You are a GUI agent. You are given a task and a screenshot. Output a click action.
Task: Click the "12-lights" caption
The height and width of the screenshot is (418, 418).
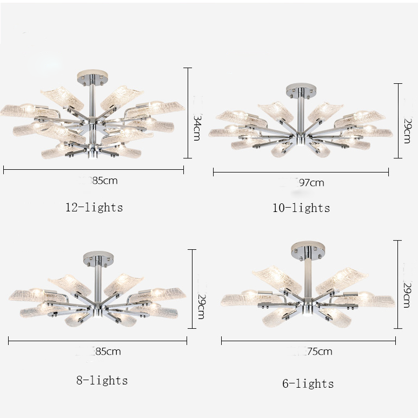pos(94,208)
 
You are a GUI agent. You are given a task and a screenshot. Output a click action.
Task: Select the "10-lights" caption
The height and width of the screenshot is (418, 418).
pos(301,208)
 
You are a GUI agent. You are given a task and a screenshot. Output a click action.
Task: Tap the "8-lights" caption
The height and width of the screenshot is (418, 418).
pos(102,380)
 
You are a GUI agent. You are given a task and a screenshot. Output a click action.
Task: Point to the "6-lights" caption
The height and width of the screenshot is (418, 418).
pos(308,383)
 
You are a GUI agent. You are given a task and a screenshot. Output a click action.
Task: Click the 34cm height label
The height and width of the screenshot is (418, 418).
pos(197,128)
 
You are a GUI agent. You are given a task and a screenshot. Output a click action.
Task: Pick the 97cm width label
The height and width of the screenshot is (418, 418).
pos(311,183)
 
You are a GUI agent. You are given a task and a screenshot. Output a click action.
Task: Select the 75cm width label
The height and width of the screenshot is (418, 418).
pos(320,351)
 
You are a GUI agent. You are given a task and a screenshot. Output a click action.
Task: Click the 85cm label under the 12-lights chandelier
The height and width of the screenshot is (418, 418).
pos(105,181)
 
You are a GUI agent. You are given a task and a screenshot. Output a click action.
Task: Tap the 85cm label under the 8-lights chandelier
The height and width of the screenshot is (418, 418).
pos(108,351)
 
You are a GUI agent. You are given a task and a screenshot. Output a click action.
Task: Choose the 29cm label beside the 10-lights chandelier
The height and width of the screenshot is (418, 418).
pos(408,131)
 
